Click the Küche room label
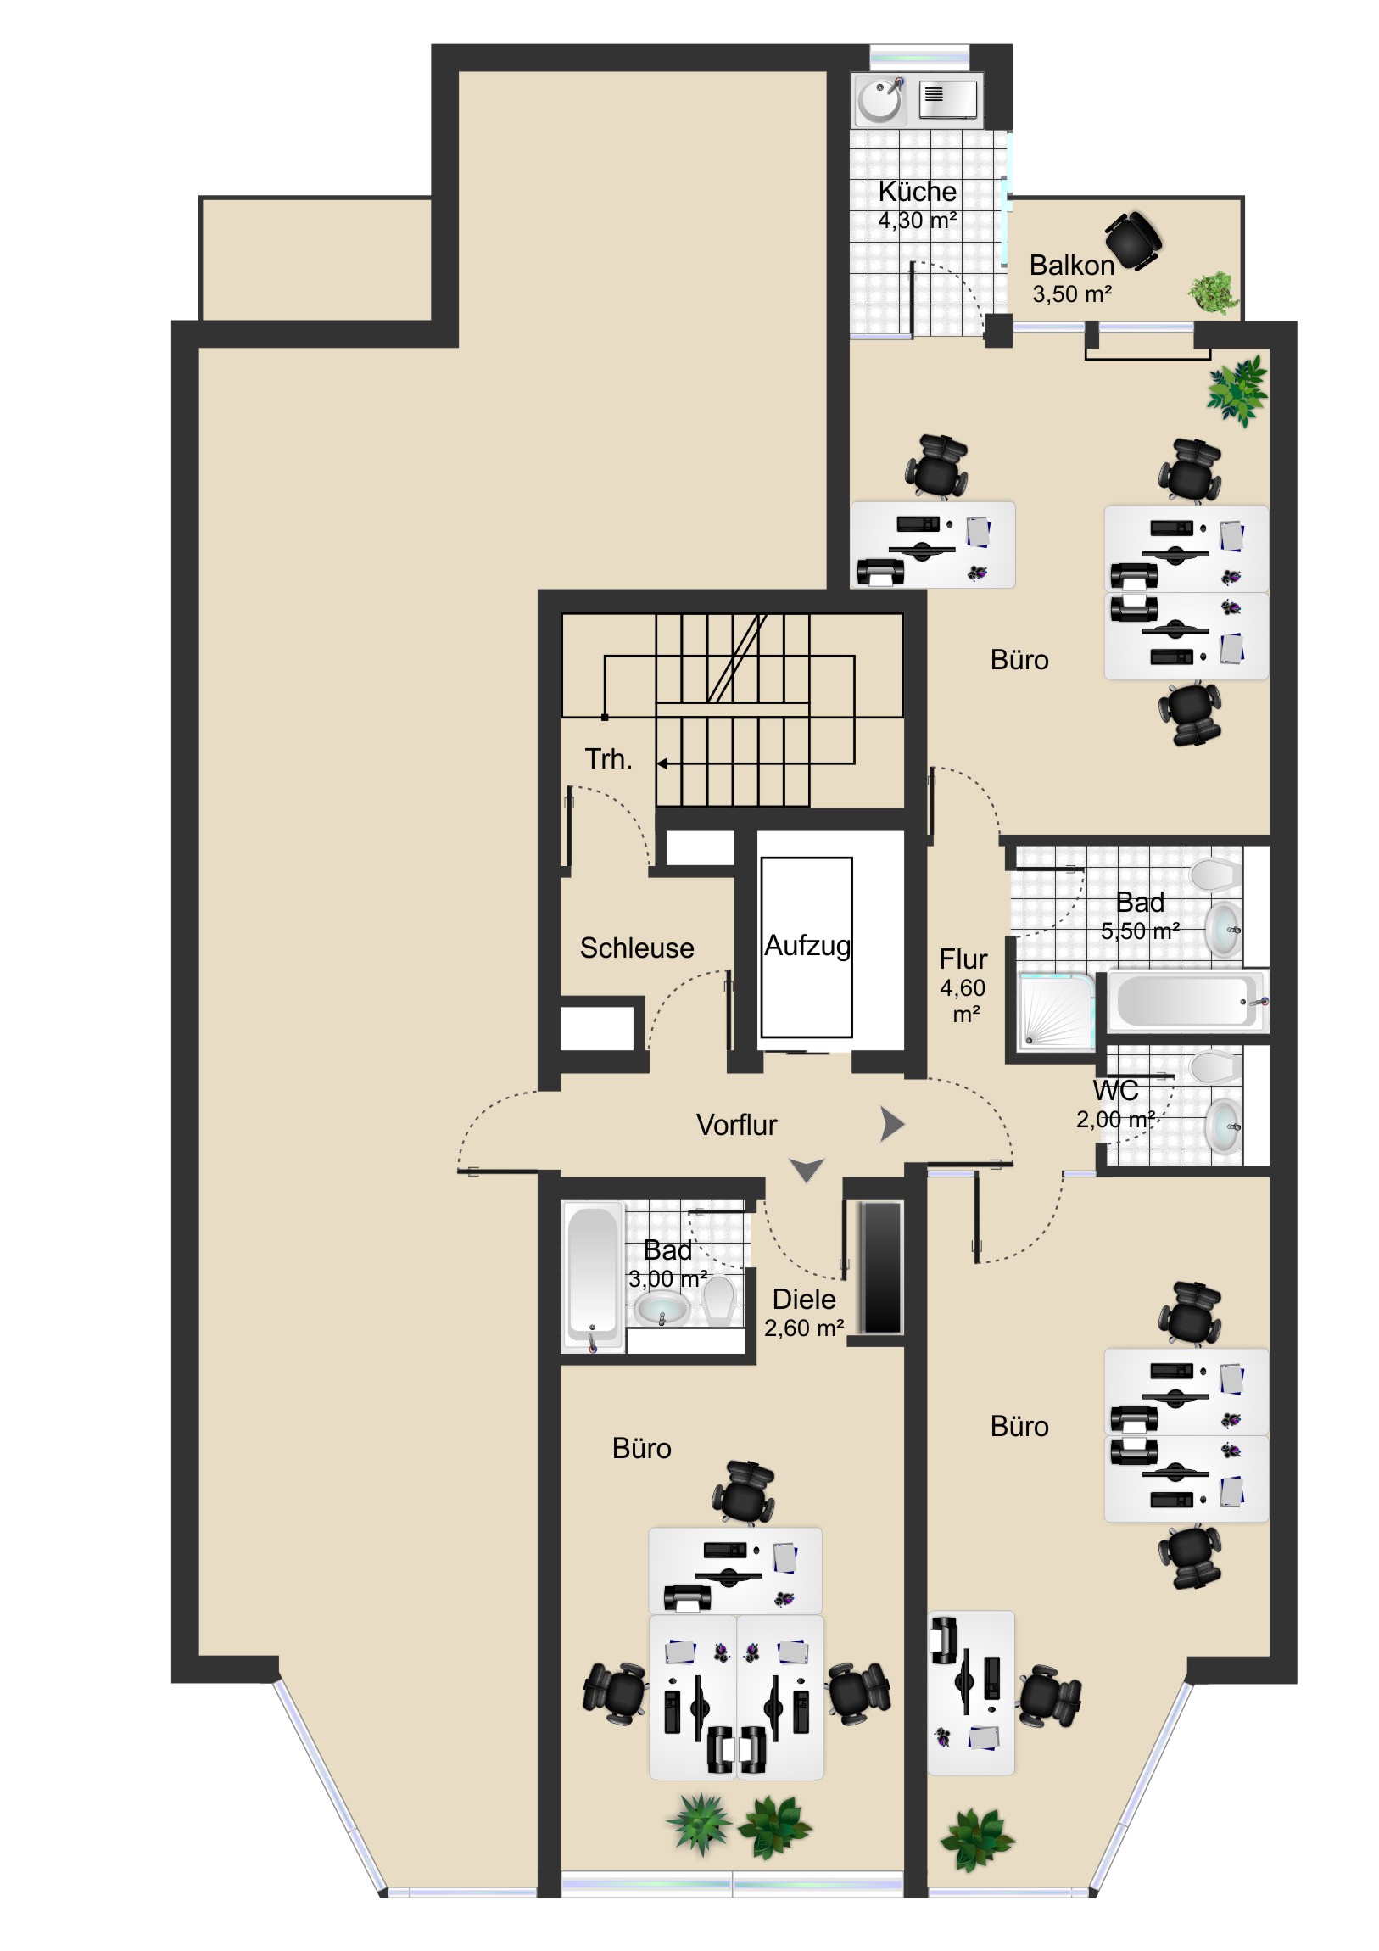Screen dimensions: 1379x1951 (917, 191)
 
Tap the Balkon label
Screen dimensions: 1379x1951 (1071, 266)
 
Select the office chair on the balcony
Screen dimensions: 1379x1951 (1133, 240)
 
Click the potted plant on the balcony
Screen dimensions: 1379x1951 (1214, 293)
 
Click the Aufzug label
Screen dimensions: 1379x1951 (807, 945)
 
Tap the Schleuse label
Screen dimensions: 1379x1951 (636, 948)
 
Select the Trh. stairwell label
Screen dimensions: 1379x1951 (607, 759)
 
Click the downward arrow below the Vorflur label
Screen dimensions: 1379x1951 (807, 1170)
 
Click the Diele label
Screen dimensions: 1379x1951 (803, 1300)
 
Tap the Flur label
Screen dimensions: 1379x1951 (963, 959)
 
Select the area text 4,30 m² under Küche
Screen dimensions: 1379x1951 (917, 220)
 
